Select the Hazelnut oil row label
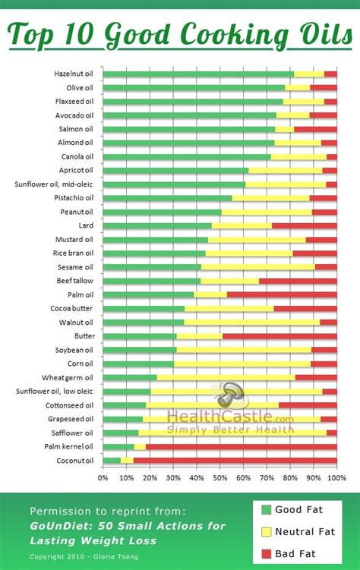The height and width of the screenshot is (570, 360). pos(73,74)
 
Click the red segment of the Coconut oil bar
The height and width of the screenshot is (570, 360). pos(235,460)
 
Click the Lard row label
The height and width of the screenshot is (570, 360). pos(85,225)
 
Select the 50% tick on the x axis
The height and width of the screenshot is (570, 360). pos(219,478)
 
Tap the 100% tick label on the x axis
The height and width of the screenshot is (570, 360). pos(336,478)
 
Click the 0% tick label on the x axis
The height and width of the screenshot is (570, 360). pos(103,478)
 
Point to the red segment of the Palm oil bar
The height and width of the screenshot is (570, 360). pos(281,294)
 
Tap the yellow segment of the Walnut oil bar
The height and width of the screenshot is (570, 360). pos(251,322)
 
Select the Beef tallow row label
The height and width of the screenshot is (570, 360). pos(74,281)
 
